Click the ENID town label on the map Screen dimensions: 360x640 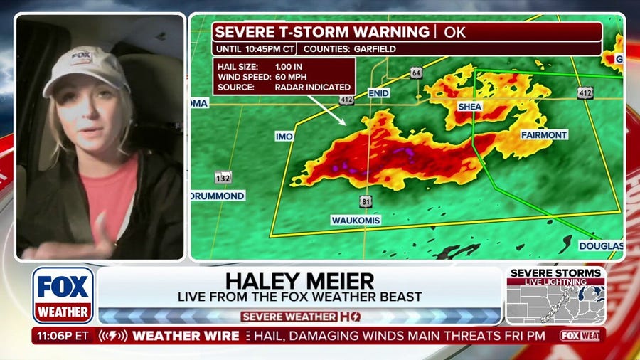(378, 92)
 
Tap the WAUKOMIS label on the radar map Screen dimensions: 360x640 (356, 221)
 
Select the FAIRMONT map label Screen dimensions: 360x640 (544, 134)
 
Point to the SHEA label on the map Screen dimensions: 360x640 (470, 107)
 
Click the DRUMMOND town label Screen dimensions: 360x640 (218, 196)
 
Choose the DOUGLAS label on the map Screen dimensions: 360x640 (601, 245)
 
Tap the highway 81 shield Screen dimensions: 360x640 (365, 201)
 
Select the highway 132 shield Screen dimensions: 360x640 (223, 177)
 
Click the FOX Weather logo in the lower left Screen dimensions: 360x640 (63, 295)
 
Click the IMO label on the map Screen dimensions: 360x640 (284, 136)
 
